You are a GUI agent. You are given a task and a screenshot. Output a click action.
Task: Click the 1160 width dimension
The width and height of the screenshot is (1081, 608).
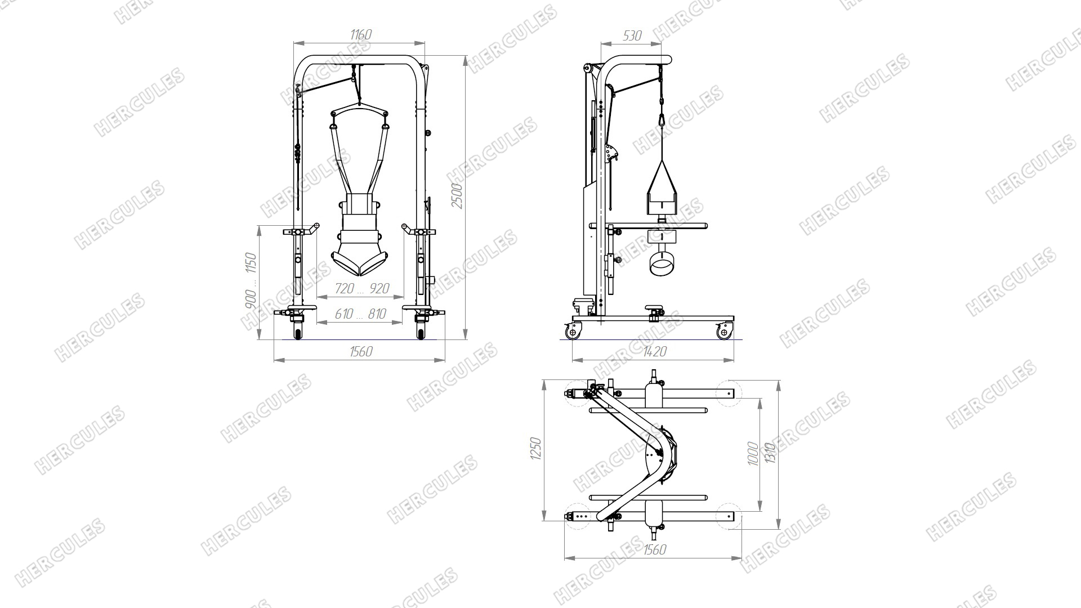[361, 35]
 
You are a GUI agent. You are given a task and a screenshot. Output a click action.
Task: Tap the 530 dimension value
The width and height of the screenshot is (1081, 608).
[632, 35]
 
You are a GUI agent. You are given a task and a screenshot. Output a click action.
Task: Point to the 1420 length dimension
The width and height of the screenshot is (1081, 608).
[654, 352]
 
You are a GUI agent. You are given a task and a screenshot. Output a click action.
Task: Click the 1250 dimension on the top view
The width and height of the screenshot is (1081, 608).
[535, 449]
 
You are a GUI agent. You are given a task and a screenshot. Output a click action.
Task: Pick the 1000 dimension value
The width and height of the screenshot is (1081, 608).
[752, 454]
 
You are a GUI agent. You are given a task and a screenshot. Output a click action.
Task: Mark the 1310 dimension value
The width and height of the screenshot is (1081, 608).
[771, 454]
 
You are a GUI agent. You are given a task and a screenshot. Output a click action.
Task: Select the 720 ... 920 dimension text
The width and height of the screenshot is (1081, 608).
[362, 289]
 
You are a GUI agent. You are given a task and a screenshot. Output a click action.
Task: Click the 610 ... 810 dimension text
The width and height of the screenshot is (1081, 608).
[360, 314]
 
